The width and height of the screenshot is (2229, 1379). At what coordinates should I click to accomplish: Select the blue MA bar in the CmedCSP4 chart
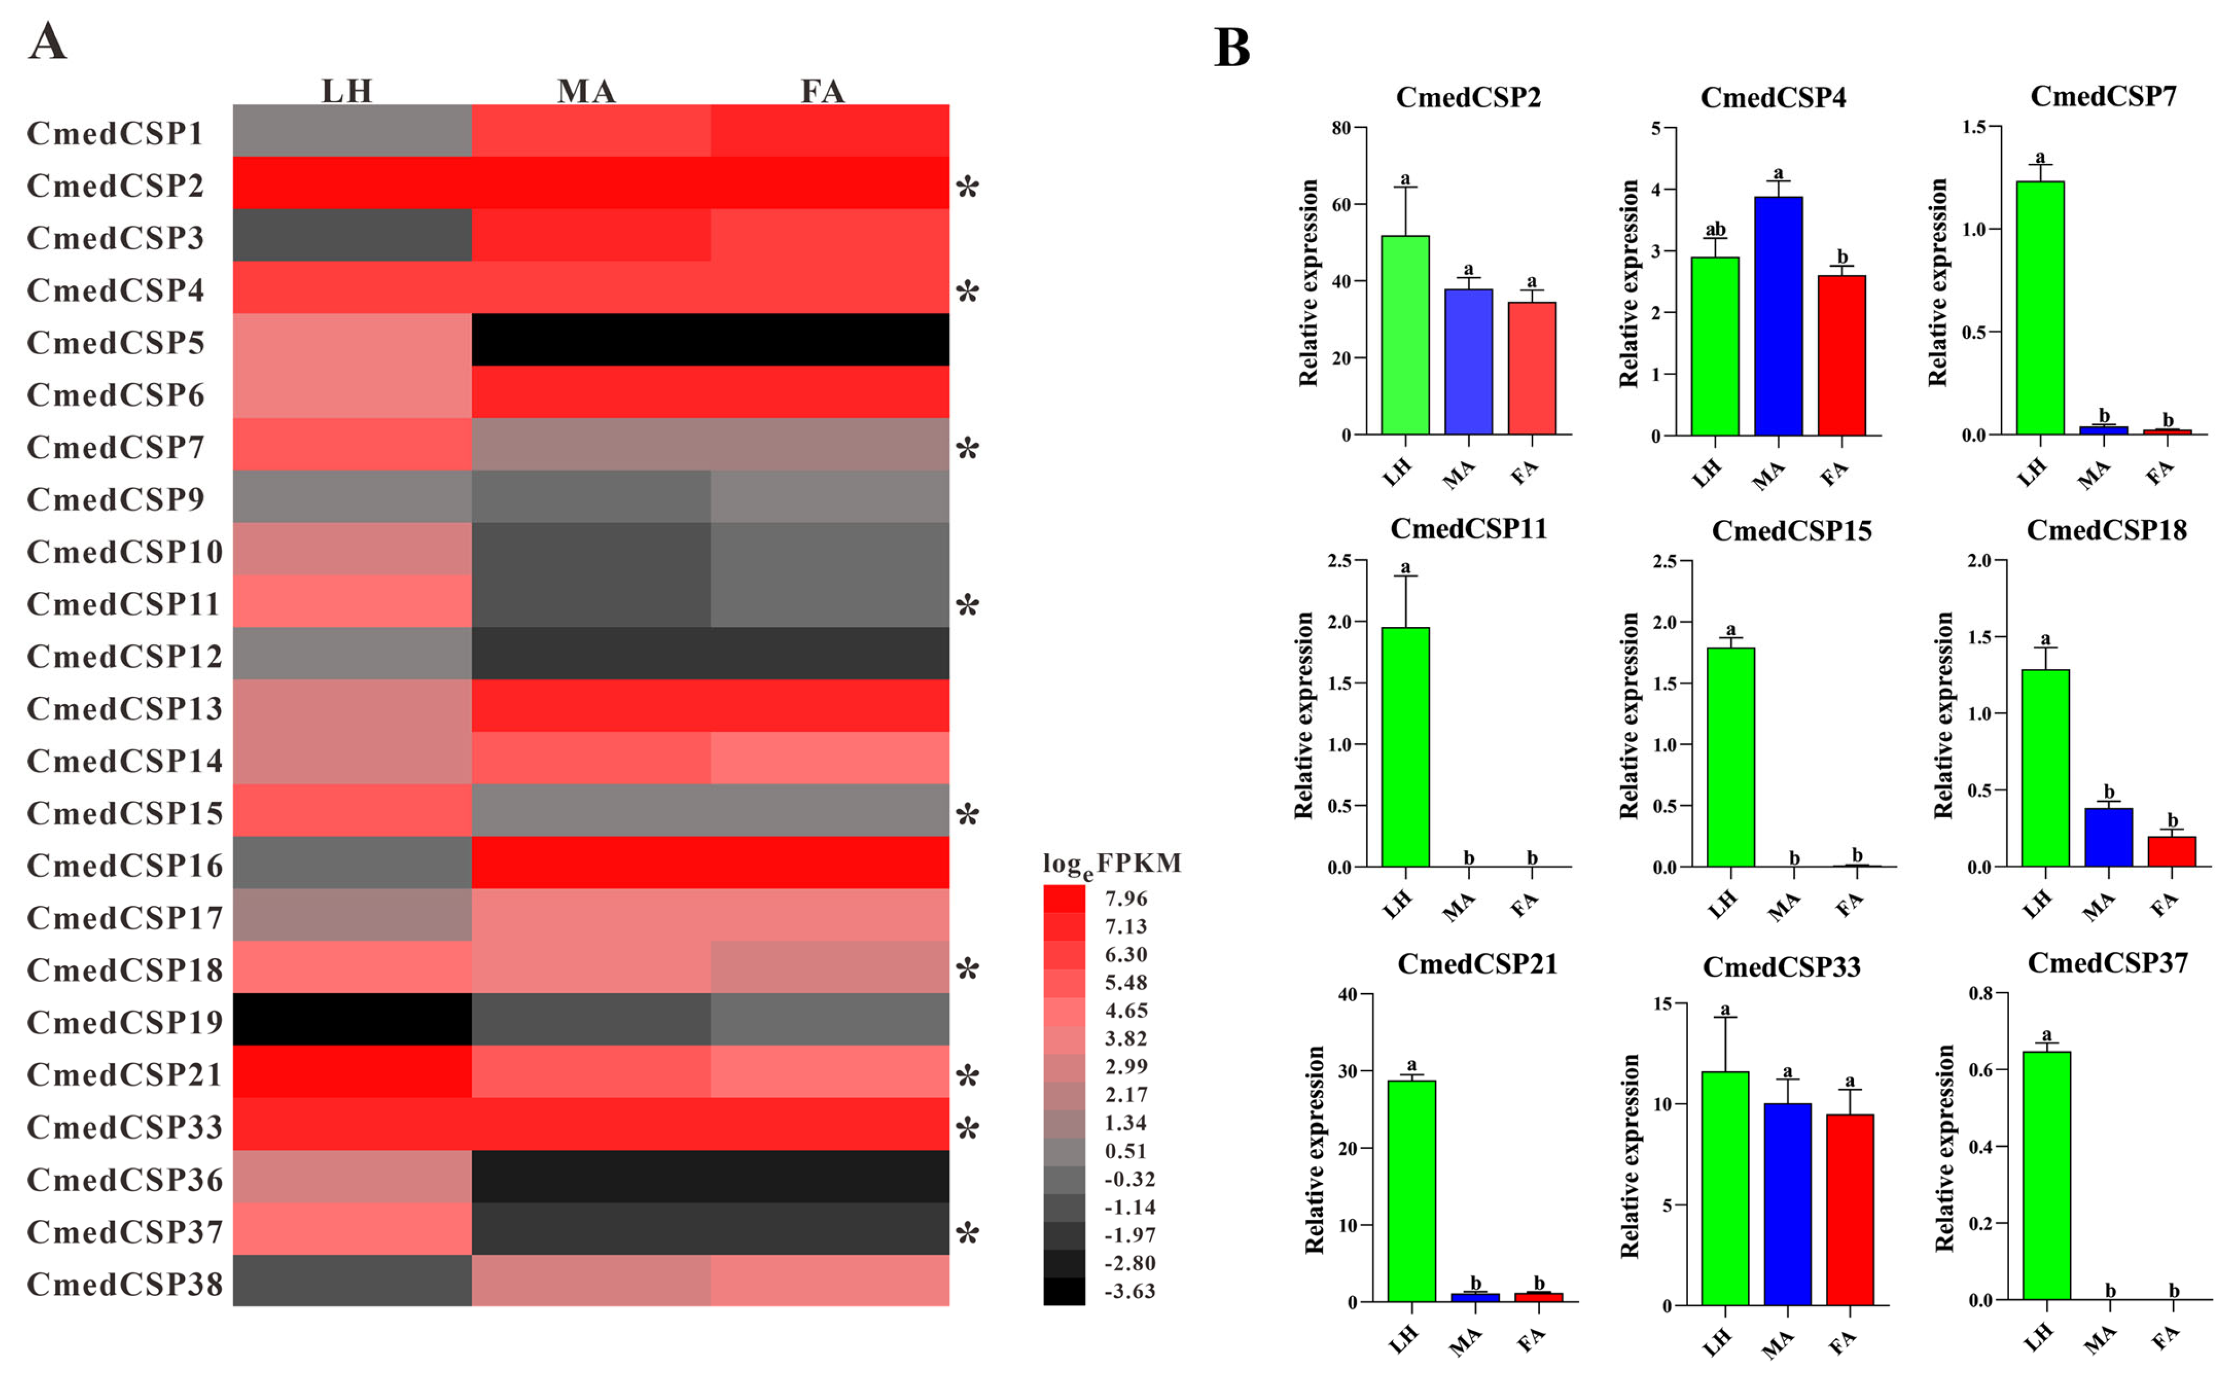click(x=1777, y=315)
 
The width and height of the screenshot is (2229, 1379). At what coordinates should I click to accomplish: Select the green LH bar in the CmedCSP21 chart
click(x=1411, y=1191)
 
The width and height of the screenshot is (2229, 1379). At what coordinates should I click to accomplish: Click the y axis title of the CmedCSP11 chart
click(x=1305, y=714)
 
